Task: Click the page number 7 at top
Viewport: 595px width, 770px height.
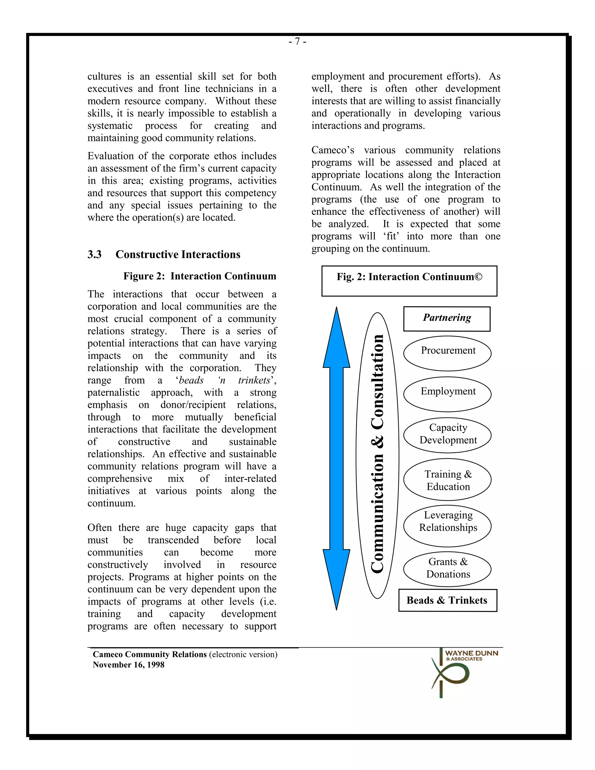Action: coord(297,42)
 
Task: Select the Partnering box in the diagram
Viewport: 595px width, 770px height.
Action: coord(447,318)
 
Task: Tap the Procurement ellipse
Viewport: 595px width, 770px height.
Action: coord(447,353)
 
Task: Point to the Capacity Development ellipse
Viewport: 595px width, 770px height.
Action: coord(447,435)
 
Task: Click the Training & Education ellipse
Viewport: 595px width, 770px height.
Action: coord(447,479)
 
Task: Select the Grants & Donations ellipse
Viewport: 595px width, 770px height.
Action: coord(447,568)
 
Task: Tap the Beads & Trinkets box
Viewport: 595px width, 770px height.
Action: coord(447,600)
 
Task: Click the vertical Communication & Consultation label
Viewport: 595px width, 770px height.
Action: coord(377,455)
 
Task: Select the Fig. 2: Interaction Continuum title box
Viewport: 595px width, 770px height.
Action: coord(409,281)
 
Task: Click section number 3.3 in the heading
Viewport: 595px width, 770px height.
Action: coord(94,254)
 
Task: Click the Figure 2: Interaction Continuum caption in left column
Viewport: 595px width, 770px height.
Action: coord(200,276)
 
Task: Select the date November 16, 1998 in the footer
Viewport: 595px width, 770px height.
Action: coord(128,665)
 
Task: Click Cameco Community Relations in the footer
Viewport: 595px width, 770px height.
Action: coord(149,654)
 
